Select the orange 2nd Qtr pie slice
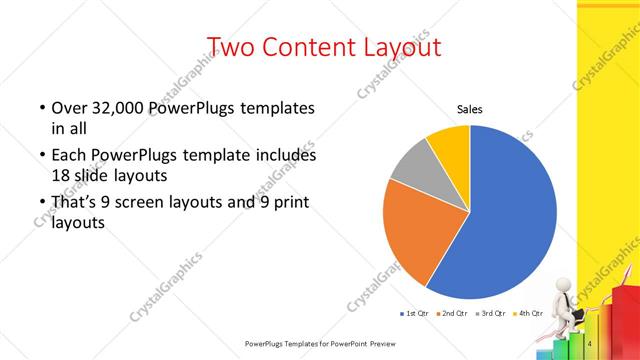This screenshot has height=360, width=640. click(x=420, y=235)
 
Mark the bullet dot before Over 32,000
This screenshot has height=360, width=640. click(x=41, y=108)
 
